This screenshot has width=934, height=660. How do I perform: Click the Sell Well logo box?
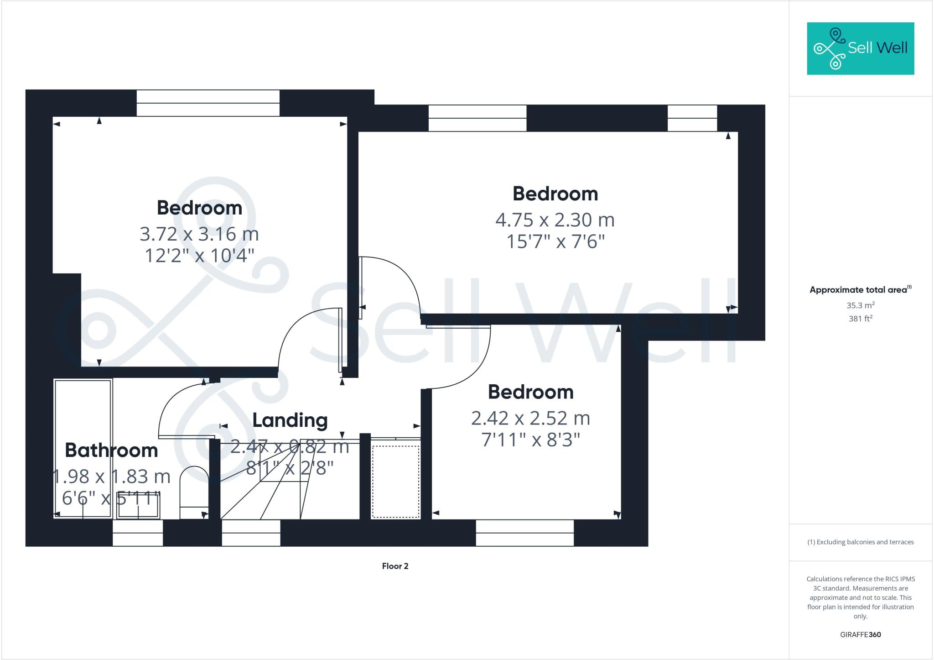(860, 48)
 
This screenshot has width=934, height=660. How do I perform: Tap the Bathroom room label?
(111, 450)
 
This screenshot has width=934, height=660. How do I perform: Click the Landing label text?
(290, 420)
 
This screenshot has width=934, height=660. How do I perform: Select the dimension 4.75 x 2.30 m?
(555, 220)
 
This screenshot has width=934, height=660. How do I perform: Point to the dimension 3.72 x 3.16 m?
(199, 234)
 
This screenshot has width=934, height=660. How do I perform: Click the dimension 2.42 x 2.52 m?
(530, 418)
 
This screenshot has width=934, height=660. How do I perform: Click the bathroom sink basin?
(138, 507)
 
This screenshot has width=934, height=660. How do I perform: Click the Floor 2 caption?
(395, 566)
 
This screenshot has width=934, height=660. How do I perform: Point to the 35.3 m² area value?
(860, 305)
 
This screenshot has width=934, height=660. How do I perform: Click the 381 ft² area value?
(860, 319)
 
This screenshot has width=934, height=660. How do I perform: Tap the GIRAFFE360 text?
(860, 634)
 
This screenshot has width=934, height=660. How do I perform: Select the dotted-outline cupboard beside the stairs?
(395, 482)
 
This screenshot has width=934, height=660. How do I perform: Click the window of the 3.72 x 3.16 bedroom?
(208, 103)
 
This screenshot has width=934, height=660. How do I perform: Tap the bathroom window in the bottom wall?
(138, 533)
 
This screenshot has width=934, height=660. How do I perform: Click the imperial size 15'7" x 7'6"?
(555, 241)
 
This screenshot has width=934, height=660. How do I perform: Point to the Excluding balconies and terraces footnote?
(860, 542)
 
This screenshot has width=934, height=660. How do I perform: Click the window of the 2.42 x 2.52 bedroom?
(524, 533)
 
